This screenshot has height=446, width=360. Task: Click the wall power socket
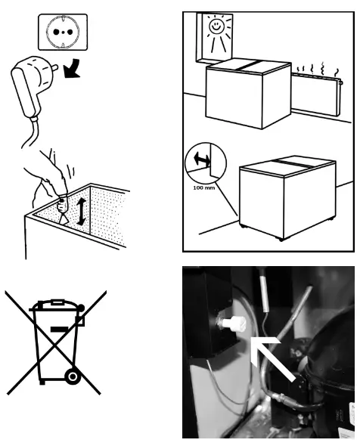coord(63,32)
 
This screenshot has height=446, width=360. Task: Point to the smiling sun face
coord(216,26)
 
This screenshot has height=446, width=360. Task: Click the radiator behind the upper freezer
coord(316,94)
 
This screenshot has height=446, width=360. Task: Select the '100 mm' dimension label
coord(203,187)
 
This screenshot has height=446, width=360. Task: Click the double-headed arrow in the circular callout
coord(202,159)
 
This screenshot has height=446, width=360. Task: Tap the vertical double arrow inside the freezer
coord(82,212)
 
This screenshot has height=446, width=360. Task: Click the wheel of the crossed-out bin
coord(73,376)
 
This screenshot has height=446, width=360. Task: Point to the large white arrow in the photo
coord(272,359)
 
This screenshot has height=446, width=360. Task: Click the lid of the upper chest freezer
coord(248,67)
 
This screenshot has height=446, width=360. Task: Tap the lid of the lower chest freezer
coord(287,166)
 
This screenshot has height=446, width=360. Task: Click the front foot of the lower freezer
coord(281,240)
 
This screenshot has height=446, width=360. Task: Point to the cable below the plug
coord(30,134)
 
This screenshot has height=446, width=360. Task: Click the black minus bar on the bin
coord(60,330)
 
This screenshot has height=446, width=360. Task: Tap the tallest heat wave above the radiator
coord(323,69)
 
